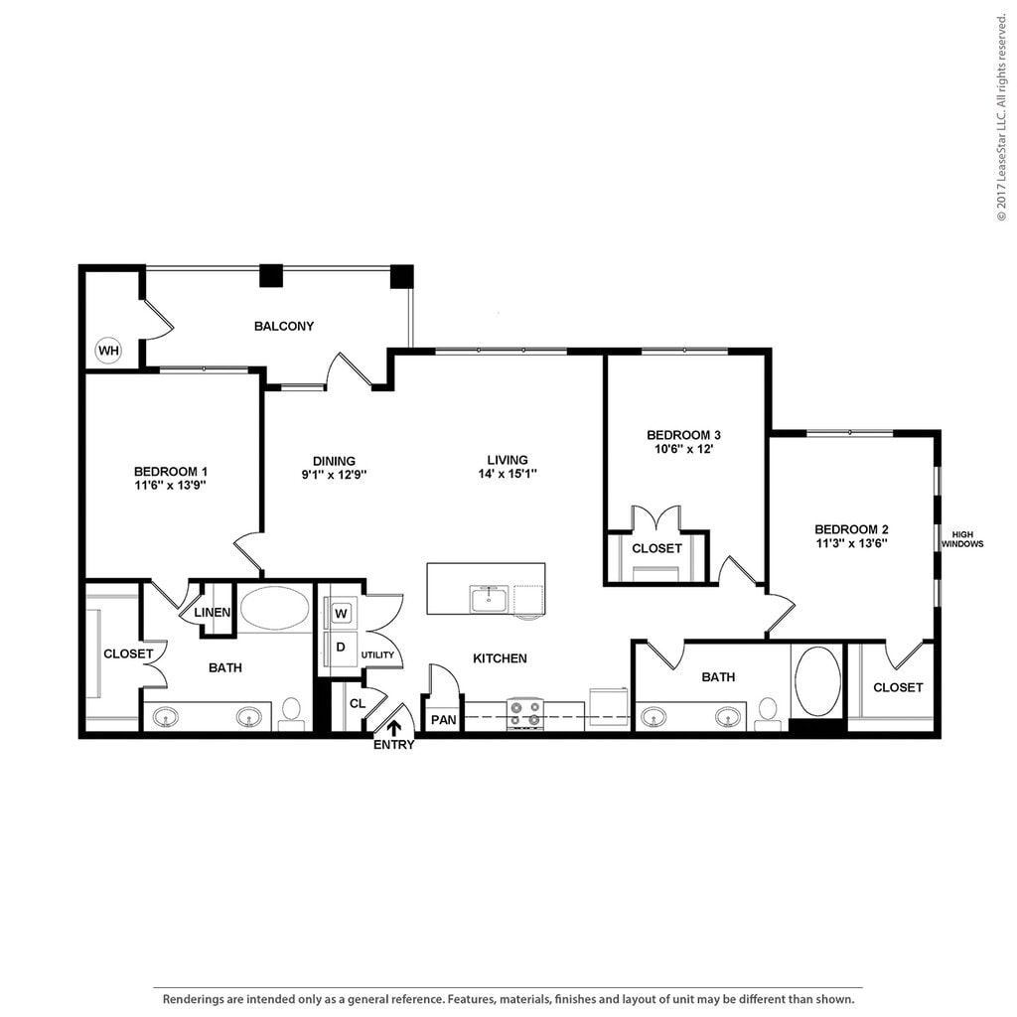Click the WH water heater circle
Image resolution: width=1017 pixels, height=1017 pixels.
coord(108,351)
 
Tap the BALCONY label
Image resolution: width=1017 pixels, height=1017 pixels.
coord(283,326)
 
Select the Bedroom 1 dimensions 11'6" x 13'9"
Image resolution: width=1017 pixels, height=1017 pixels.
coord(170,485)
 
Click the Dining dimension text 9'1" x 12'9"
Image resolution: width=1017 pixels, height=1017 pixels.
coord(334,475)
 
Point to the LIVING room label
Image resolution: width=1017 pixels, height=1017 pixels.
coord(508,460)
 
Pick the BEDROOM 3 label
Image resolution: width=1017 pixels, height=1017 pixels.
coord(683,435)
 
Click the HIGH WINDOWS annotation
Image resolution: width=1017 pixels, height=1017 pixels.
coord(962,539)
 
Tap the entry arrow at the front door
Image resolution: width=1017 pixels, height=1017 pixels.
coord(393,728)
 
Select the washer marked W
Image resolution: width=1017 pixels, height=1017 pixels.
coord(342,613)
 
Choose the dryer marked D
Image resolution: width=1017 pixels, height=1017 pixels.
coord(341,647)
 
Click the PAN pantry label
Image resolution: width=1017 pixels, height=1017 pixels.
coord(444,720)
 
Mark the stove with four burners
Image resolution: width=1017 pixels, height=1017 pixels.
coord(524,713)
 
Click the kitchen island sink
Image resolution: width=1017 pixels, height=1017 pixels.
coord(490,599)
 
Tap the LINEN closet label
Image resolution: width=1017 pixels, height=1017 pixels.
coord(213,612)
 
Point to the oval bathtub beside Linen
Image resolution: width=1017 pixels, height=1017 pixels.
coord(275,608)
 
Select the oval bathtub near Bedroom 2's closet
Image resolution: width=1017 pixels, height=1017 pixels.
coord(817,681)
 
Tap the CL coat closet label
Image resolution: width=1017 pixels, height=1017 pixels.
coord(358,704)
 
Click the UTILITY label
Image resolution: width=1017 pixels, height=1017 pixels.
coord(377,655)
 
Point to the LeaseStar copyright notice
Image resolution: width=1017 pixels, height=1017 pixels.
coord(1002,118)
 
